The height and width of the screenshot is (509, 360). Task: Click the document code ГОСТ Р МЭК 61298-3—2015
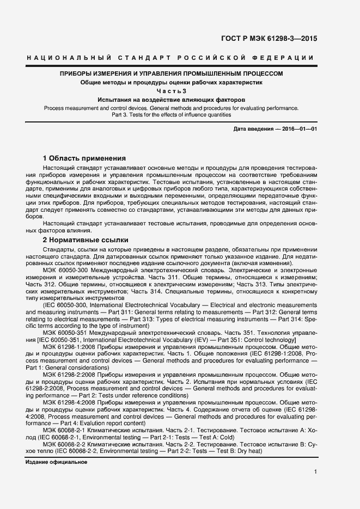(x=278, y=38)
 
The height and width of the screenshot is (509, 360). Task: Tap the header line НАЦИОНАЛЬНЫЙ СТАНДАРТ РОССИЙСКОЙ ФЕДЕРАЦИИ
(x=170, y=58)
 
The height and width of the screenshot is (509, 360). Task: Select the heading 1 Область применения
(x=84, y=157)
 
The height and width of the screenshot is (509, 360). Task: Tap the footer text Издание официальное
(x=56, y=462)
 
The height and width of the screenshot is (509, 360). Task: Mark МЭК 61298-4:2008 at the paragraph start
(x=69, y=401)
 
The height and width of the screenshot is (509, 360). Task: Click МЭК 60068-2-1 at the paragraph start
(x=65, y=430)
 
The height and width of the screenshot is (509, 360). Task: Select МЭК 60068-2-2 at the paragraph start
(x=65, y=444)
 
